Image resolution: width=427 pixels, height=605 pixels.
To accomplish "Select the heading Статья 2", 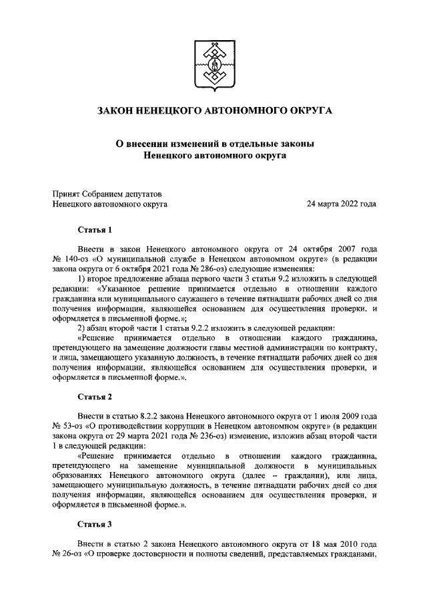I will tap(95, 397).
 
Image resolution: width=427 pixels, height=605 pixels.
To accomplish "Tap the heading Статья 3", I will tap(95, 524).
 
